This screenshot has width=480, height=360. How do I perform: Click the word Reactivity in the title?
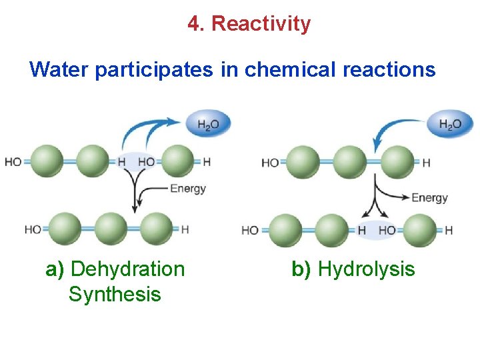pyautogui.click(x=261, y=24)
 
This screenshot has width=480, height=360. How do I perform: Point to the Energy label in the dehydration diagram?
pyautogui.click(x=188, y=189)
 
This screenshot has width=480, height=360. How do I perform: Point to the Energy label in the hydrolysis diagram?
pyautogui.click(x=429, y=197)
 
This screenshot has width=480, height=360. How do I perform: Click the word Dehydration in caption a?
pyautogui.click(x=127, y=269)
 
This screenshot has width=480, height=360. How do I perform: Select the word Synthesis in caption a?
pyautogui.click(x=115, y=294)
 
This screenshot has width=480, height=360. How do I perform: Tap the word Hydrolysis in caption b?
pyautogui.click(x=366, y=269)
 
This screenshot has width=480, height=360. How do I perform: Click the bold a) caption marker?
pyautogui.click(x=55, y=269)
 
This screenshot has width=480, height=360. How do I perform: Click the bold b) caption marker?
pyautogui.click(x=301, y=269)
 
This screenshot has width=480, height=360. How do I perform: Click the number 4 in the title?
pyautogui.click(x=193, y=24)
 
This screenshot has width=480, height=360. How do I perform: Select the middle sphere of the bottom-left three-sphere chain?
pyautogui.click(x=111, y=229)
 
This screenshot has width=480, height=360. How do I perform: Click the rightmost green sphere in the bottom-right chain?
pyautogui.click(x=420, y=230)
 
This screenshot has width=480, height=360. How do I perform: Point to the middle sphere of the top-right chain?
pyautogui.click(x=349, y=163)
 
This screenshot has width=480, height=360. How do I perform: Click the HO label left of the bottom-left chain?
pyautogui.click(x=33, y=229)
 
